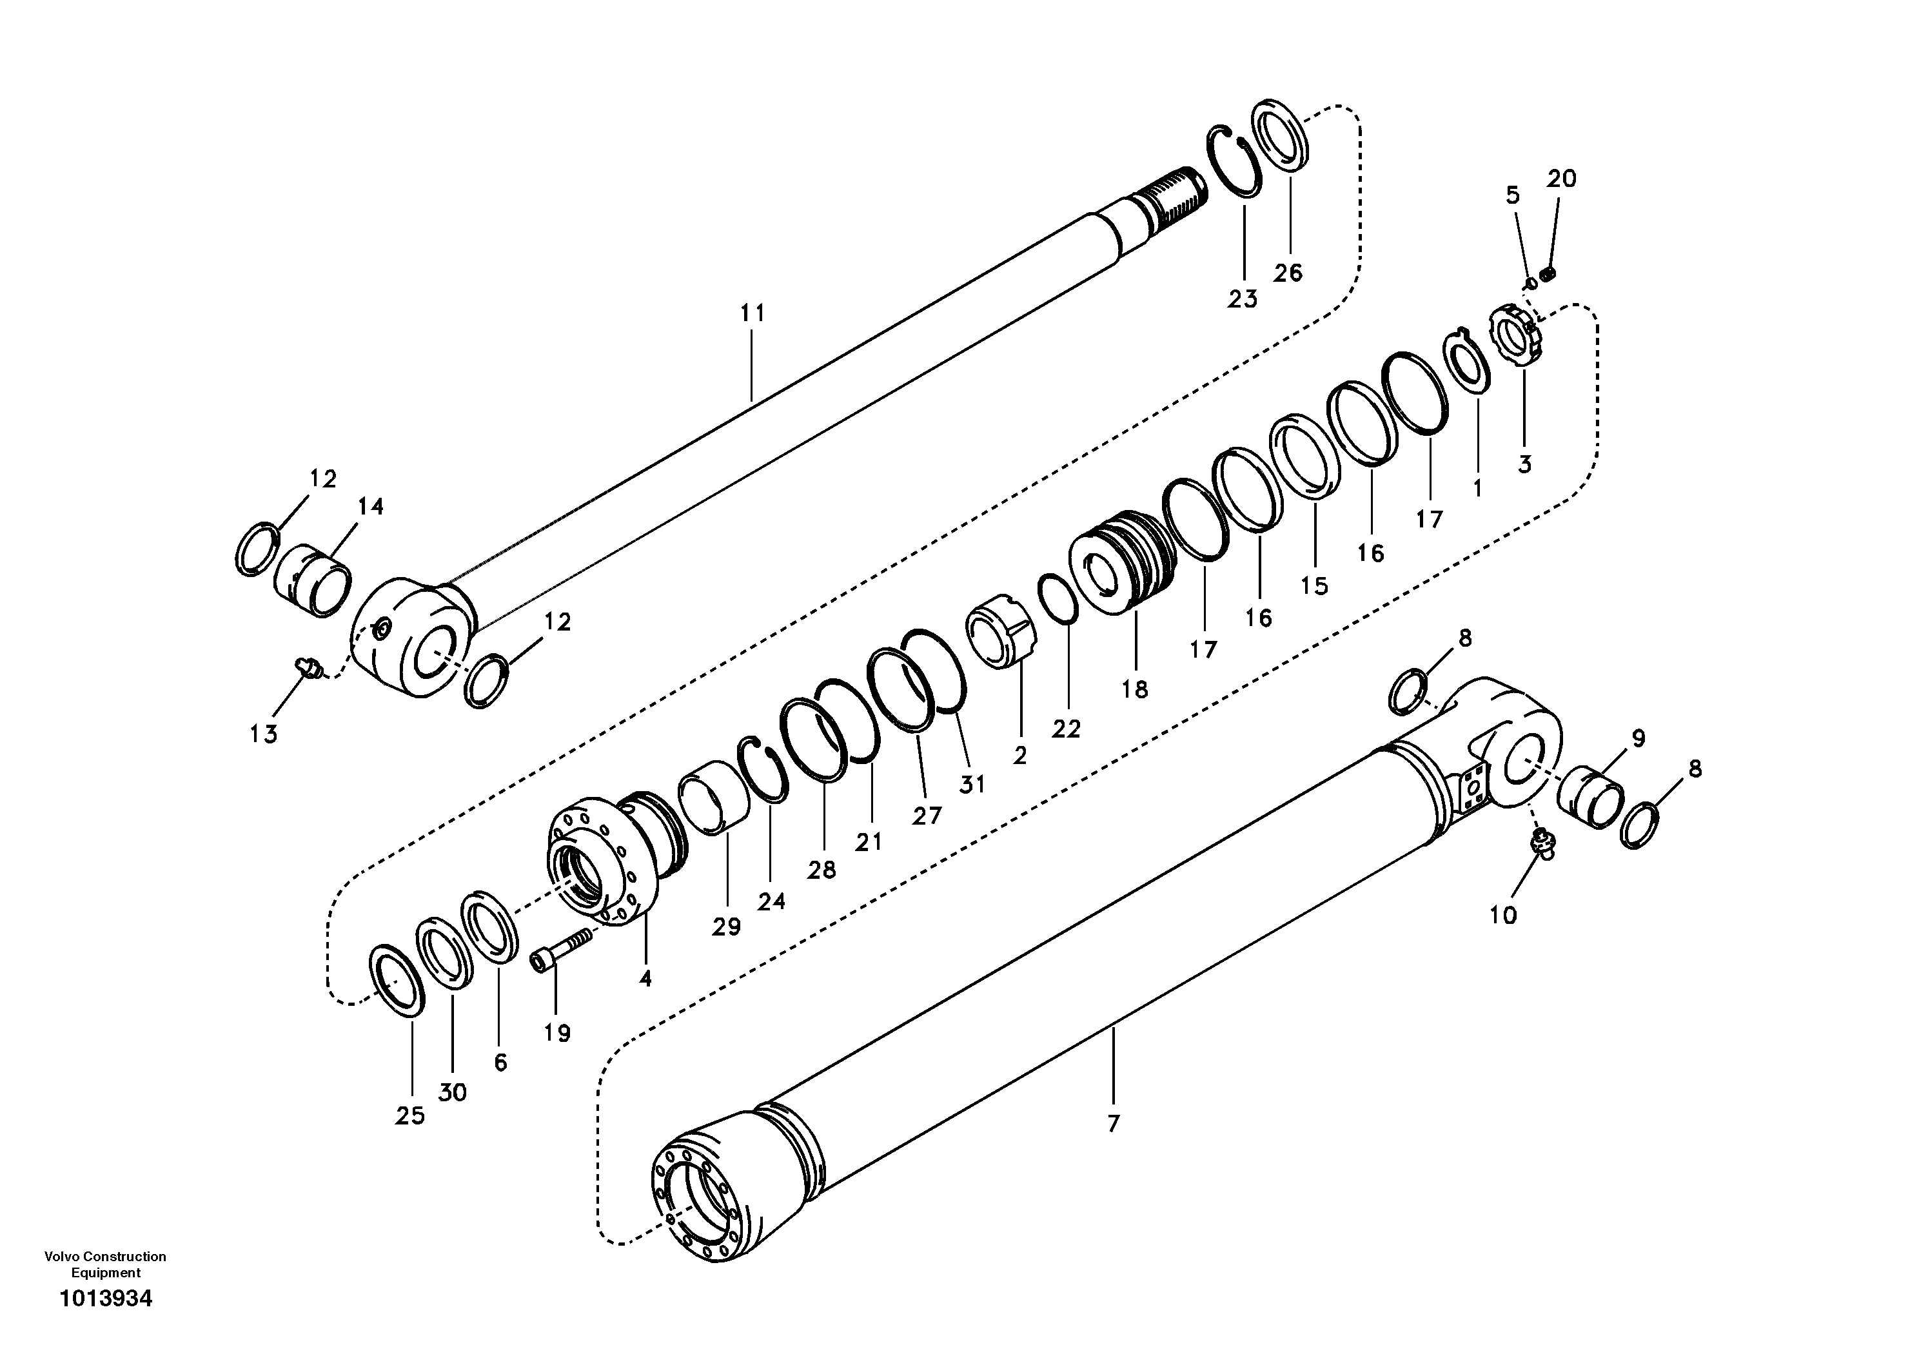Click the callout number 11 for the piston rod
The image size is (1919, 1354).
(x=753, y=313)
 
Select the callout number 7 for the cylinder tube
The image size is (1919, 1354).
(x=1112, y=1124)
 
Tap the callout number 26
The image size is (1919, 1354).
(x=1288, y=273)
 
